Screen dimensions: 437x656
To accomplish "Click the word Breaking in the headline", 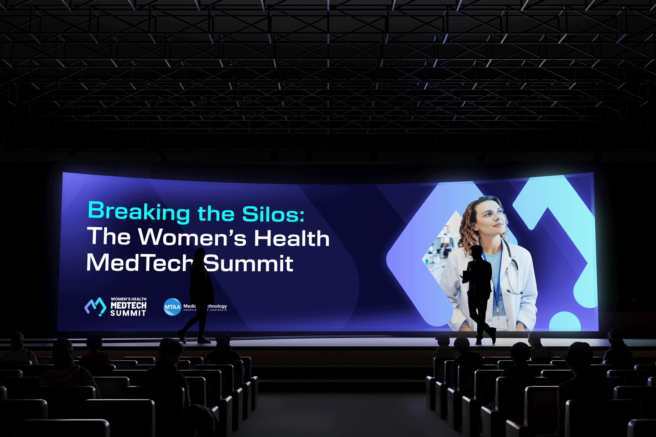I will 138,211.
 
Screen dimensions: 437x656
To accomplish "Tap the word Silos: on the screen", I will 273,214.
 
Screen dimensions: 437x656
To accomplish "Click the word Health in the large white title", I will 291,238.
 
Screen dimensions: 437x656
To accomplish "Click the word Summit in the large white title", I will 249,264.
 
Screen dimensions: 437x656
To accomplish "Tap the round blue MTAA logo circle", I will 172,307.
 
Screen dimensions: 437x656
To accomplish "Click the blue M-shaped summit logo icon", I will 95,306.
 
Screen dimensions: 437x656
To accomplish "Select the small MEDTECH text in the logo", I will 128,306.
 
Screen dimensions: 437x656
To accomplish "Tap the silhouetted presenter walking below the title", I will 200,294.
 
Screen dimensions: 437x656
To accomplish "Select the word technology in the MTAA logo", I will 217,306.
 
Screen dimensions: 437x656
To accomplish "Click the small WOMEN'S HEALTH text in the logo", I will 128,299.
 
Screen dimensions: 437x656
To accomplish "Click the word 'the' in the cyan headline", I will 216,214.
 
